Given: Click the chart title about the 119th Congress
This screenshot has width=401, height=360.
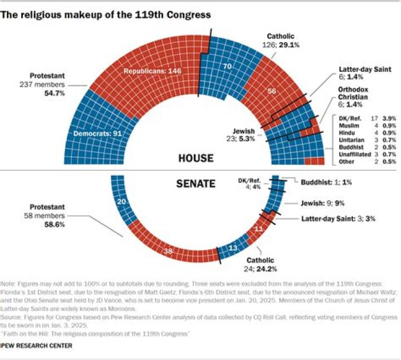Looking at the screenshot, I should click(x=106, y=15).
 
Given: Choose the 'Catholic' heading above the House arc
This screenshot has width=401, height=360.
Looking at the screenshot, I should click(x=281, y=37).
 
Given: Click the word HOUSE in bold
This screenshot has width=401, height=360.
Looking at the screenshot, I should click(x=195, y=158).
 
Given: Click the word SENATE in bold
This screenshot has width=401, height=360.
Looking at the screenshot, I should click(x=195, y=183).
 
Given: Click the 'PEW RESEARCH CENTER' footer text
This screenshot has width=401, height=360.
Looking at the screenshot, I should click(x=37, y=346).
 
